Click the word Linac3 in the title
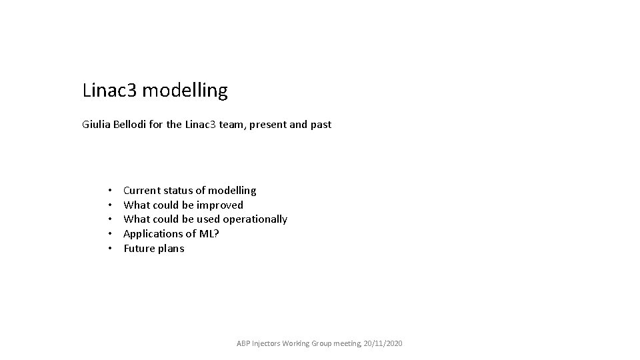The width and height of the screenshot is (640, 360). click(x=109, y=90)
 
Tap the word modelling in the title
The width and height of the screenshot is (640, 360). click(x=185, y=91)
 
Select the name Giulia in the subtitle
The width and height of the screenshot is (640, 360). click(x=97, y=125)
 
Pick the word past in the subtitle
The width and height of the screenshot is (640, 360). click(x=321, y=125)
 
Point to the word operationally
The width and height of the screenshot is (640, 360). click(x=255, y=219)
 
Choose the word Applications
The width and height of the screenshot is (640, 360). click(x=151, y=234)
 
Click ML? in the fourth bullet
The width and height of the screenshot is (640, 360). click(x=209, y=234)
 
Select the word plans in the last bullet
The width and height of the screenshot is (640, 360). click(x=171, y=249)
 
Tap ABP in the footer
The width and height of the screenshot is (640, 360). click(x=244, y=343)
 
